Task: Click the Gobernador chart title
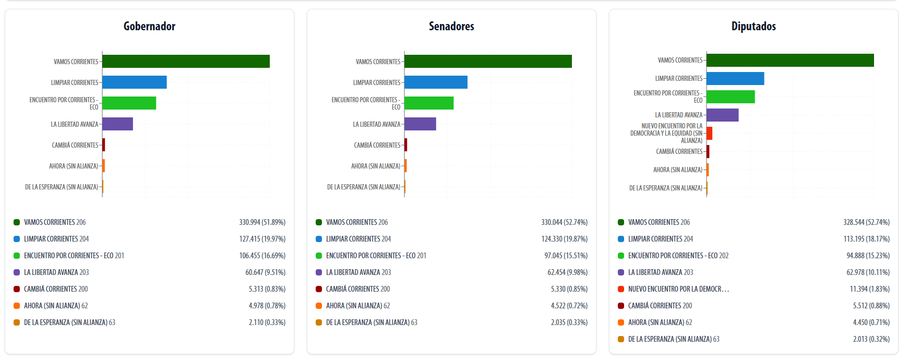click(149, 26)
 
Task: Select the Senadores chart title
click(451, 26)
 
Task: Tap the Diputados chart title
click(753, 26)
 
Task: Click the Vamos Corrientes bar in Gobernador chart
click(186, 62)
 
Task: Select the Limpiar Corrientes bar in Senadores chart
click(436, 82)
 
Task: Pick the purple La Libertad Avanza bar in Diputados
click(723, 115)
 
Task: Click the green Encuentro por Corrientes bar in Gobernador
click(129, 103)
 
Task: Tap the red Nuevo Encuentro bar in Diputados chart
click(710, 133)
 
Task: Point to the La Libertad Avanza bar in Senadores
click(420, 124)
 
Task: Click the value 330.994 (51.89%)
click(262, 222)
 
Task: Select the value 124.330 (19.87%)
click(564, 239)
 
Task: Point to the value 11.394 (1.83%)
click(869, 289)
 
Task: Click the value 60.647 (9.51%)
click(265, 272)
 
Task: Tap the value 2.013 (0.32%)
click(871, 339)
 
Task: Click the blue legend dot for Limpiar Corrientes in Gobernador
click(17, 239)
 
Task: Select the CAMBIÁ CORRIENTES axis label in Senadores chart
click(377, 145)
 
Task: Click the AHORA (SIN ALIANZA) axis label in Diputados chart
click(678, 170)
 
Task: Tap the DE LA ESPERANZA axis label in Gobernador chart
click(62, 187)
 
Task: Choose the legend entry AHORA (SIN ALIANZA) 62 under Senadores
click(358, 306)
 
